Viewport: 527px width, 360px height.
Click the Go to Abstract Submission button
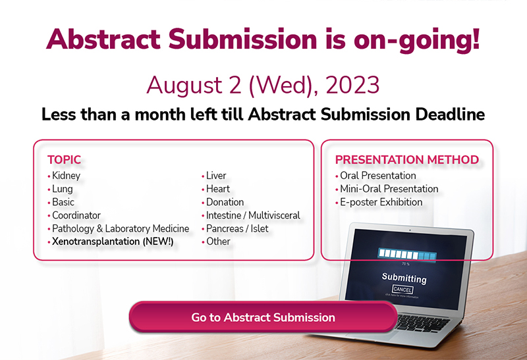pos(263,317)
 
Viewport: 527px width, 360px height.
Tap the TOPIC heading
pos(64,160)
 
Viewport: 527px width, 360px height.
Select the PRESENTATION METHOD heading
pos(407,160)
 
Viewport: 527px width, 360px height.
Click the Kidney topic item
pos(67,176)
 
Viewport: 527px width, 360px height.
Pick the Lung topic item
pos(62,189)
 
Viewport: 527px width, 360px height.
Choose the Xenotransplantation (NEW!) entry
pos(113,242)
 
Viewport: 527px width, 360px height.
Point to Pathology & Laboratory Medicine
pos(121,228)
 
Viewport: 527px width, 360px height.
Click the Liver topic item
pos(216,176)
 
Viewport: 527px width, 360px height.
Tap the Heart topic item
pos(218,189)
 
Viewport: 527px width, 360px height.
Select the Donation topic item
pos(225,202)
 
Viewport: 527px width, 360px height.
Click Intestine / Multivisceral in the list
pos(253,215)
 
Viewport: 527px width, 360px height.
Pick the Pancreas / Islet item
pos(237,228)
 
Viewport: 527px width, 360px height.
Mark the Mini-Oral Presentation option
pos(389,189)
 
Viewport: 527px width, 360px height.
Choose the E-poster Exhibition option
pos(381,202)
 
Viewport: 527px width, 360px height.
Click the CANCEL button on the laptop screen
pos(402,289)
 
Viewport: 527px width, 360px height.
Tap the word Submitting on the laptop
pos(404,278)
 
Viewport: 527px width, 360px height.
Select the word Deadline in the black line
pos(450,114)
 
